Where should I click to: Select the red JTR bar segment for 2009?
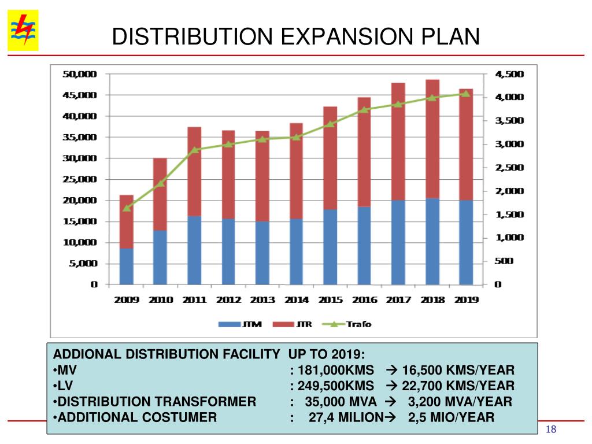tap(127, 221)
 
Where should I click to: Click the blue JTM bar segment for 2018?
tap(432, 241)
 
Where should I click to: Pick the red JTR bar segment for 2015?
tap(330, 157)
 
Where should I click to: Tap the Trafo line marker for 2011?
tap(195, 150)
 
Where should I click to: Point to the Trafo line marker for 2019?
tap(465, 93)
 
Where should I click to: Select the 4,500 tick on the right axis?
tap(509, 74)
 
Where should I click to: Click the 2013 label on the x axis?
tap(262, 300)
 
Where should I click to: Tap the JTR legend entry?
tap(294, 324)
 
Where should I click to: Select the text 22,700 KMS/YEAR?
tap(461, 386)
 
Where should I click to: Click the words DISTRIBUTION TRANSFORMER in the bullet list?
tap(156, 401)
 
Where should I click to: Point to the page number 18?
tap(550, 428)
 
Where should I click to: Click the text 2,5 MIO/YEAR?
tap(451, 417)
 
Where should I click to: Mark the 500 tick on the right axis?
tap(504, 261)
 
